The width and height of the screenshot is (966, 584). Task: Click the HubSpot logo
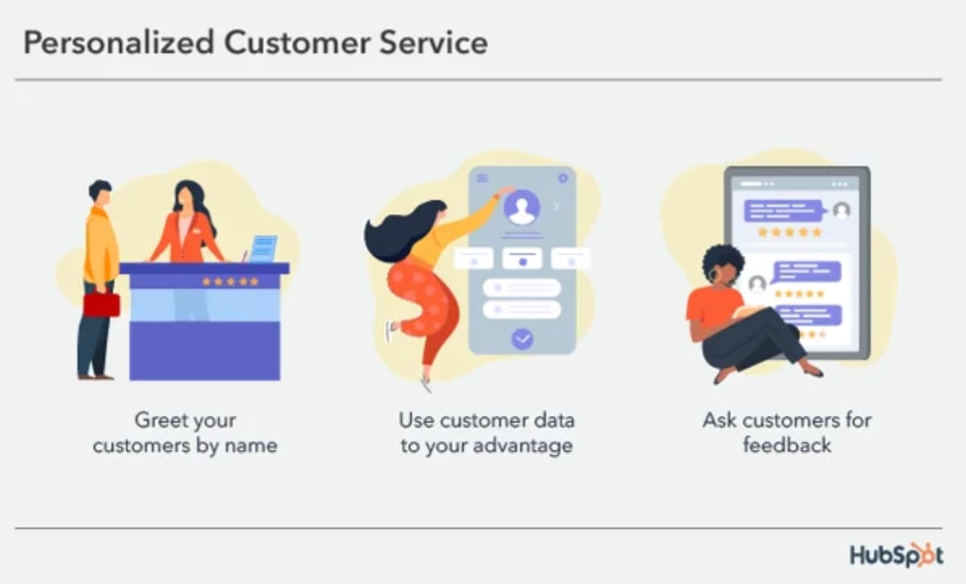(895, 555)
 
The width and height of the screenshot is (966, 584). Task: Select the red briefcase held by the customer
(101, 304)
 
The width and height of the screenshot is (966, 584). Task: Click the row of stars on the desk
(230, 282)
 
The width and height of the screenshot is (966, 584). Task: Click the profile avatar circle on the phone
(522, 207)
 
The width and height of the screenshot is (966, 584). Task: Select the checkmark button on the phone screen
(522, 339)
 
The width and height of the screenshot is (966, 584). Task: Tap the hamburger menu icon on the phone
(482, 178)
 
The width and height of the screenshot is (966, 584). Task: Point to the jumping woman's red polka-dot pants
(423, 302)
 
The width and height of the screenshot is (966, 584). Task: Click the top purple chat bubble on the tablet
(783, 211)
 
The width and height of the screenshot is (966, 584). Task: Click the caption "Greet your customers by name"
(185, 433)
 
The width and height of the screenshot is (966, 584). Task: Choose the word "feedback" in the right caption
(786, 446)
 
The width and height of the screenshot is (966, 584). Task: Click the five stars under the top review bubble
(790, 232)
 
